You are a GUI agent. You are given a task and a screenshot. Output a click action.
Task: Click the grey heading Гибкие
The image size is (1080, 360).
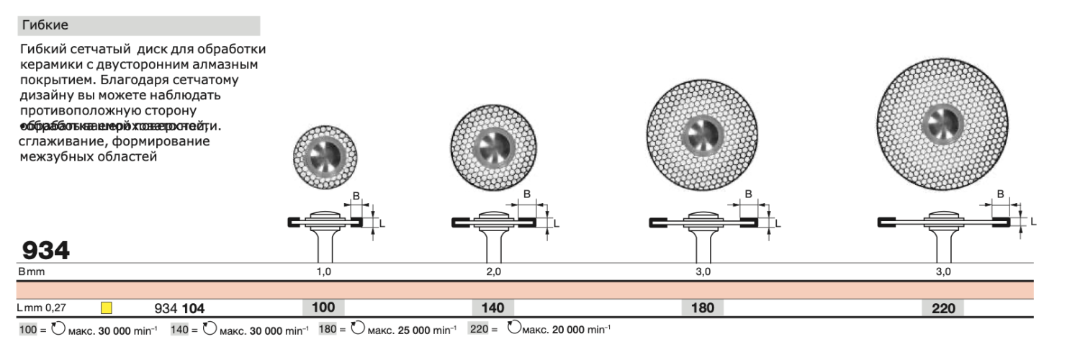[45, 25]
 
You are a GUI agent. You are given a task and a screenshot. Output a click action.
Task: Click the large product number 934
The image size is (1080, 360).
[46, 251]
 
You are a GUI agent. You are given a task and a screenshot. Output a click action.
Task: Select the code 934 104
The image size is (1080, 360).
[179, 308]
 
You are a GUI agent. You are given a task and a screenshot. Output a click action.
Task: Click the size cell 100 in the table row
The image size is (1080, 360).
[323, 307]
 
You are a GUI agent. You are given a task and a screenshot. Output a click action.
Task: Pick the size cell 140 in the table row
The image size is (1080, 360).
[492, 308]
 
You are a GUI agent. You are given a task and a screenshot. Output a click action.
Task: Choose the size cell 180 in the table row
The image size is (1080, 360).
[703, 308]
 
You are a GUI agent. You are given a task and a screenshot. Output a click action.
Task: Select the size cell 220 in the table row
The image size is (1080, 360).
[943, 308]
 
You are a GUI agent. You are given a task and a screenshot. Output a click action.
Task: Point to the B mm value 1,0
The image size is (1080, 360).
[324, 271]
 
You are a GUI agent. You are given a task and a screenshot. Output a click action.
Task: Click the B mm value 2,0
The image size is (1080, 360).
[493, 271]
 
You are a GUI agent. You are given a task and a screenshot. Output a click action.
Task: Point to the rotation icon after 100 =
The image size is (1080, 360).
[57, 330]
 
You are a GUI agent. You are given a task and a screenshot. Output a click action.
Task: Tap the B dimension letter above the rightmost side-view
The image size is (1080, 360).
[1001, 194]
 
